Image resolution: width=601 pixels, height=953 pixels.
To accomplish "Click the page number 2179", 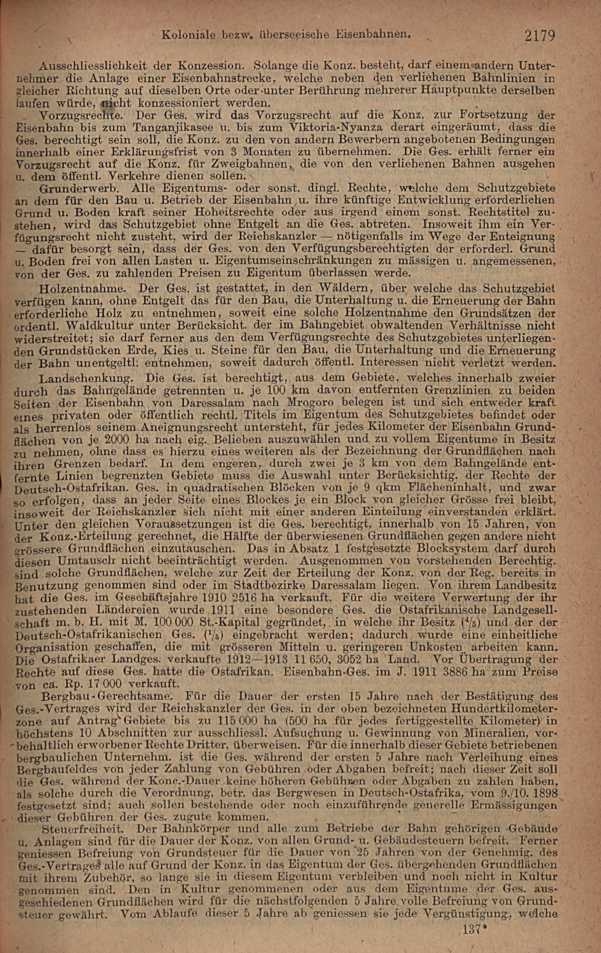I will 540,36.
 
